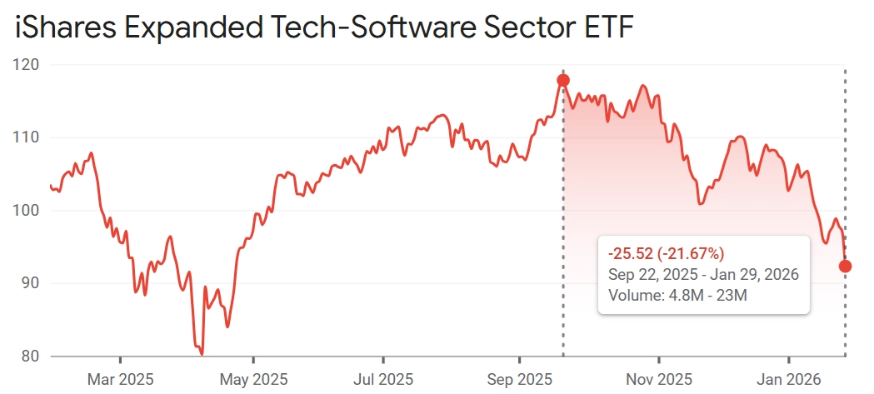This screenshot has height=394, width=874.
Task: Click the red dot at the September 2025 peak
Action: tap(563, 80)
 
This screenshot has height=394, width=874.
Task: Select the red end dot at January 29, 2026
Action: tap(845, 266)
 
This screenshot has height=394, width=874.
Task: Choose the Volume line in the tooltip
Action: tap(672, 294)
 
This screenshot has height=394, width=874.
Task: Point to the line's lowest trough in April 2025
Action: tap(202, 354)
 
